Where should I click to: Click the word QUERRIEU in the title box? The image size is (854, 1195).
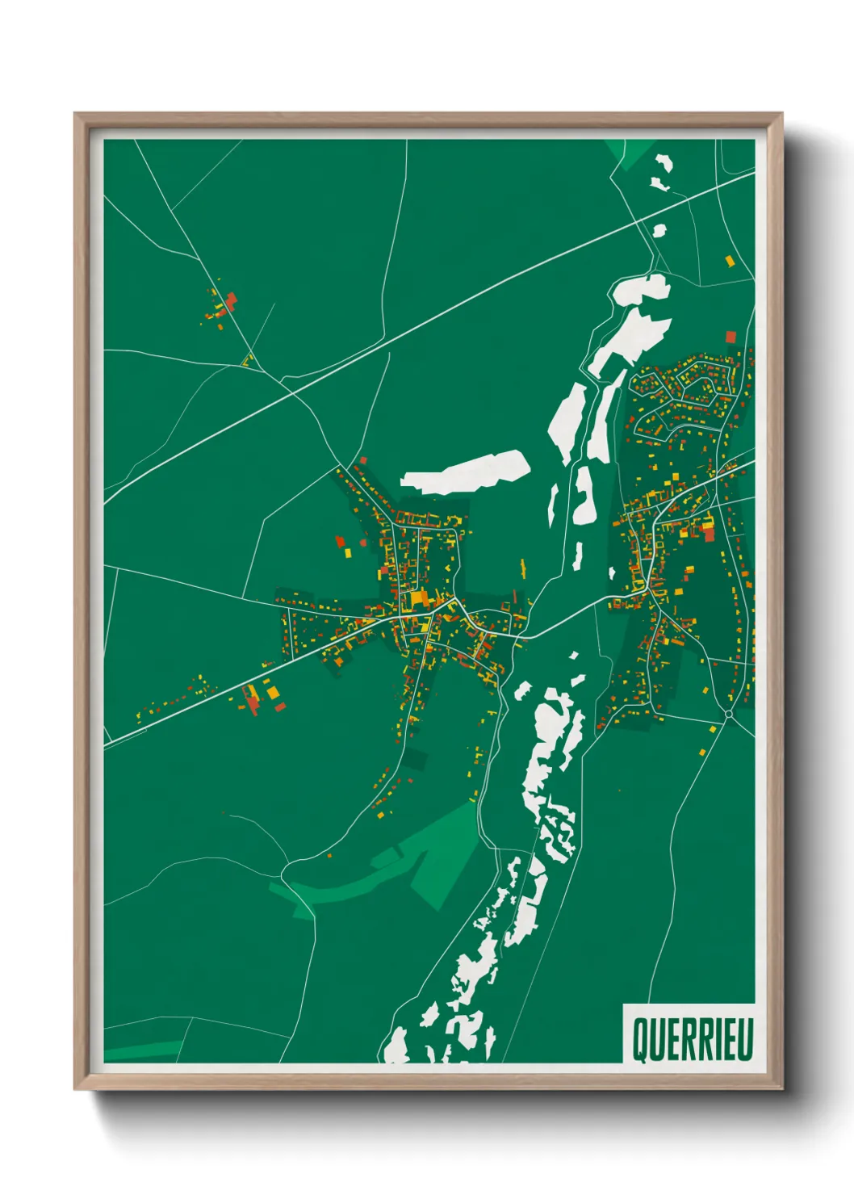point(692,1039)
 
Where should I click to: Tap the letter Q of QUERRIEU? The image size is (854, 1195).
point(638,1039)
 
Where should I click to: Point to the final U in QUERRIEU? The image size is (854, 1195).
point(746,1039)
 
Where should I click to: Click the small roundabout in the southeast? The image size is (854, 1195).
point(729,715)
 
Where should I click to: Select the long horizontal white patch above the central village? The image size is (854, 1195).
point(467,472)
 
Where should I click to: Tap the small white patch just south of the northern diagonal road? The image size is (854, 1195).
point(659,231)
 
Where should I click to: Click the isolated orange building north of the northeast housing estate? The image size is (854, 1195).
point(730,261)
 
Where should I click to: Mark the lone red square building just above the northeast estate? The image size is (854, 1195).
point(731,336)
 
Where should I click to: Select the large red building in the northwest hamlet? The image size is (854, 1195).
point(231,301)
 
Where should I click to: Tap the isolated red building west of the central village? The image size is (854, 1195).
point(340,540)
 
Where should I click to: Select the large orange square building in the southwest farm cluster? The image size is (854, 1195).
point(273,692)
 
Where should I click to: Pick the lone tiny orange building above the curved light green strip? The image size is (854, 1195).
point(329,854)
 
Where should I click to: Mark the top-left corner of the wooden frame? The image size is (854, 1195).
point(75,114)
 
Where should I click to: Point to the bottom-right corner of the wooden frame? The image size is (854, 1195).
point(781,1089)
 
